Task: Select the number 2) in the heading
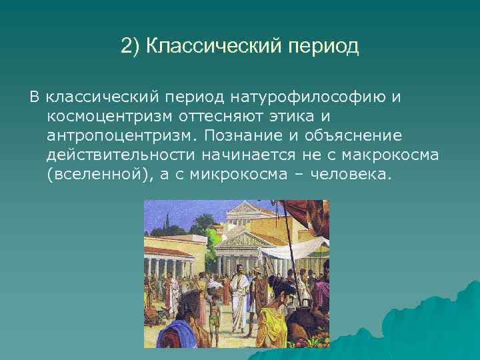point(131,47)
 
